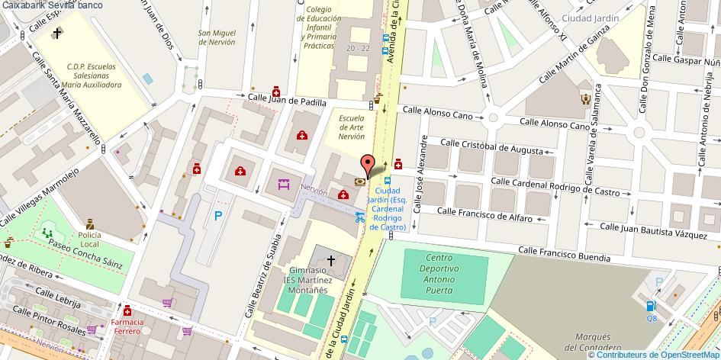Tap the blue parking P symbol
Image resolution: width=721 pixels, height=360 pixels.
pos(218,217)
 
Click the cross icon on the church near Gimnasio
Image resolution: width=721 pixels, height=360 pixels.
pos(331,261)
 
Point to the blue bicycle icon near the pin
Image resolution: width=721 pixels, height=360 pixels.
pos(359,215)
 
